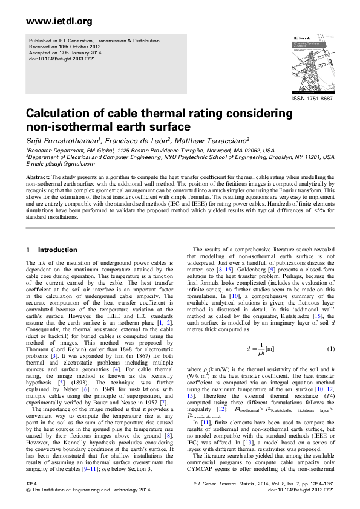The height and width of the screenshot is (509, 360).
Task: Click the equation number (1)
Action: pyautogui.click(x=330, y=350)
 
